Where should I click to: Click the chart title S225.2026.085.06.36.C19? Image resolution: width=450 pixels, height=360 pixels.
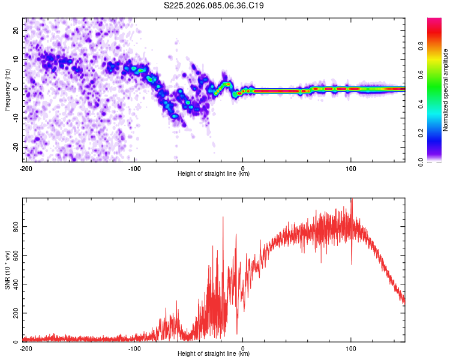click(x=214, y=6)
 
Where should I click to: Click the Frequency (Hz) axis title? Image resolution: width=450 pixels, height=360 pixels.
click(x=7, y=89)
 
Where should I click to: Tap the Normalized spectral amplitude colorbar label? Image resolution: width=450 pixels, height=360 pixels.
click(x=446, y=90)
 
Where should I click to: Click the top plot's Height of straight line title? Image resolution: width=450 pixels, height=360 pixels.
click(x=214, y=173)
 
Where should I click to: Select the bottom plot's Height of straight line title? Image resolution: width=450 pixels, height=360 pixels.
click(x=214, y=353)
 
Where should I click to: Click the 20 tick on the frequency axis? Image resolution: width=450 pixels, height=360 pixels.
click(x=16, y=30)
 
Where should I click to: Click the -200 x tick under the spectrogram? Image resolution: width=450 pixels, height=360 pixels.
click(x=26, y=167)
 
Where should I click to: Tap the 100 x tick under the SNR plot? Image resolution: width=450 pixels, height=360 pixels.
click(x=351, y=348)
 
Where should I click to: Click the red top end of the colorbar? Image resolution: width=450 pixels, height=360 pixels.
click(x=434, y=21)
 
